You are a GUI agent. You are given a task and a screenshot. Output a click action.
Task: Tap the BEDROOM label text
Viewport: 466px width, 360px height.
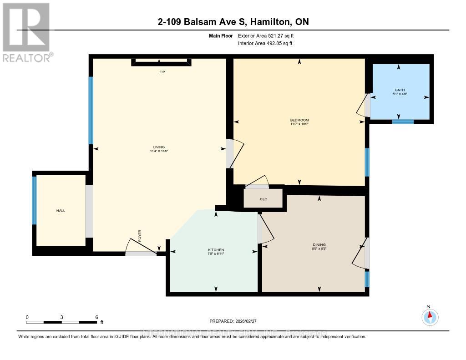pos(299,120)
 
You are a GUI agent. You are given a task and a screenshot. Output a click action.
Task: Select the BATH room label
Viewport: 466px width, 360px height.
pos(399,90)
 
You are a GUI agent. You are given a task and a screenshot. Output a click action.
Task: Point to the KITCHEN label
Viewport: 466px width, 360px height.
pos(216,250)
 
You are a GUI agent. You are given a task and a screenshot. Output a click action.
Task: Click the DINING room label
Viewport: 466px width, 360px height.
pos(319,245)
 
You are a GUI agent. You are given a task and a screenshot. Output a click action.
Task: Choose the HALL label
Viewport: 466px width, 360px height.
pos(61,210)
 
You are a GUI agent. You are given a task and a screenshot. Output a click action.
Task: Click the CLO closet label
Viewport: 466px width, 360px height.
pos(263,199)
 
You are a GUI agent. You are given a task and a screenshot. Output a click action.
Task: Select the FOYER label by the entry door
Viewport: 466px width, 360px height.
pos(140,235)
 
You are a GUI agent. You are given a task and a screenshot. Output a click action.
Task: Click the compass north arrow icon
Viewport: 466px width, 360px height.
pos(430,316)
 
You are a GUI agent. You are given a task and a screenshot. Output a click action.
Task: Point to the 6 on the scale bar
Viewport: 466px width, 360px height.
pos(96,317)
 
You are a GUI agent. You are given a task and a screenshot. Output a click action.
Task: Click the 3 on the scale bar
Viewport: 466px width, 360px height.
pos(61,317)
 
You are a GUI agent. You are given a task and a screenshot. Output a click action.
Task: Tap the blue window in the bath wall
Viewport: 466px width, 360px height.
pos(403,122)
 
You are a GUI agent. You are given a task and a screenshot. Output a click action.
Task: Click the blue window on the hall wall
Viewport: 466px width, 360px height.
pos(34,200)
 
